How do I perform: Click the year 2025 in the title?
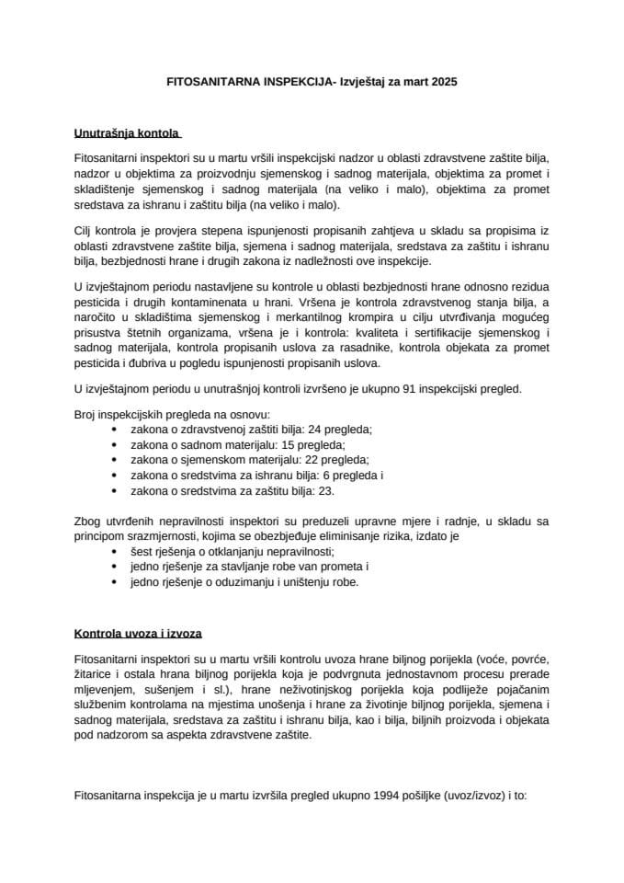coord(442,82)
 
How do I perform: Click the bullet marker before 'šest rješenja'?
coord(113,551)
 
